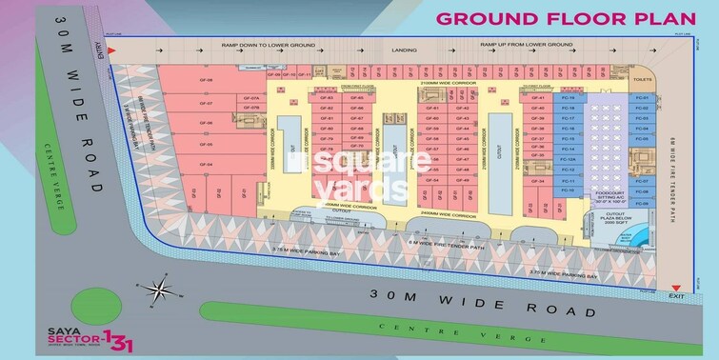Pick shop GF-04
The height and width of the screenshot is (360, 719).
tap(205, 164)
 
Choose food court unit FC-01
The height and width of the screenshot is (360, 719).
tap(642, 98)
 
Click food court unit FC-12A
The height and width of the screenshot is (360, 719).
tap(569, 160)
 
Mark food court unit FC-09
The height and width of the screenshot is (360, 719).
tap(642, 202)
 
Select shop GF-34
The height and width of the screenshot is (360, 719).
tap(539, 181)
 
